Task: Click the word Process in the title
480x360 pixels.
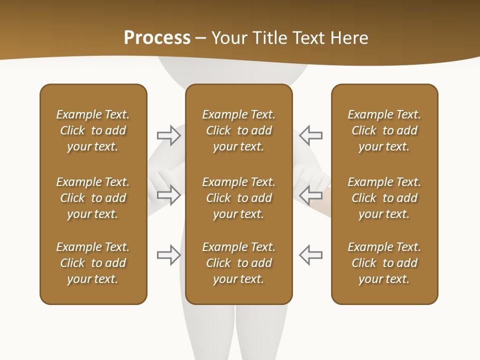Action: pyautogui.click(x=157, y=38)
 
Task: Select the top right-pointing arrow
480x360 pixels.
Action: pyautogui.click(x=168, y=135)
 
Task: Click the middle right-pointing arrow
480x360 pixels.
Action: pyautogui.click(x=168, y=195)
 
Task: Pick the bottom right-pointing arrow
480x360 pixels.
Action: pyautogui.click(x=168, y=254)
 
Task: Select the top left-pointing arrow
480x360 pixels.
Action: pyautogui.click(x=311, y=135)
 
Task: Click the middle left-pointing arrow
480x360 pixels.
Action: pyautogui.click(x=311, y=195)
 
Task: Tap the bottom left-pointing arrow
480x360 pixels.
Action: pyautogui.click(x=311, y=254)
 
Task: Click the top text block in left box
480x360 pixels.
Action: pyautogui.click(x=93, y=130)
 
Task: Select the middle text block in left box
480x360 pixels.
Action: pyautogui.click(x=93, y=198)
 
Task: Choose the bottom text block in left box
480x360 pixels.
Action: pyautogui.click(x=93, y=263)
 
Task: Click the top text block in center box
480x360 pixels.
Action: pyautogui.click(x=238, y=130)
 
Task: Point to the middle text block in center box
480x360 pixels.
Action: pyautogui.click(x=238, y=198)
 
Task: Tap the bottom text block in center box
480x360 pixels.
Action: pyautogui.click(x=238, y=263)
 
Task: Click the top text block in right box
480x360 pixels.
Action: pyautogui.click(x=384, y=130)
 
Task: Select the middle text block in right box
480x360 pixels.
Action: pyautogui.click(x=384, y=198)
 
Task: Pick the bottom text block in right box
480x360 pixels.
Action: pyautogui.click(x=384, y=263)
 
